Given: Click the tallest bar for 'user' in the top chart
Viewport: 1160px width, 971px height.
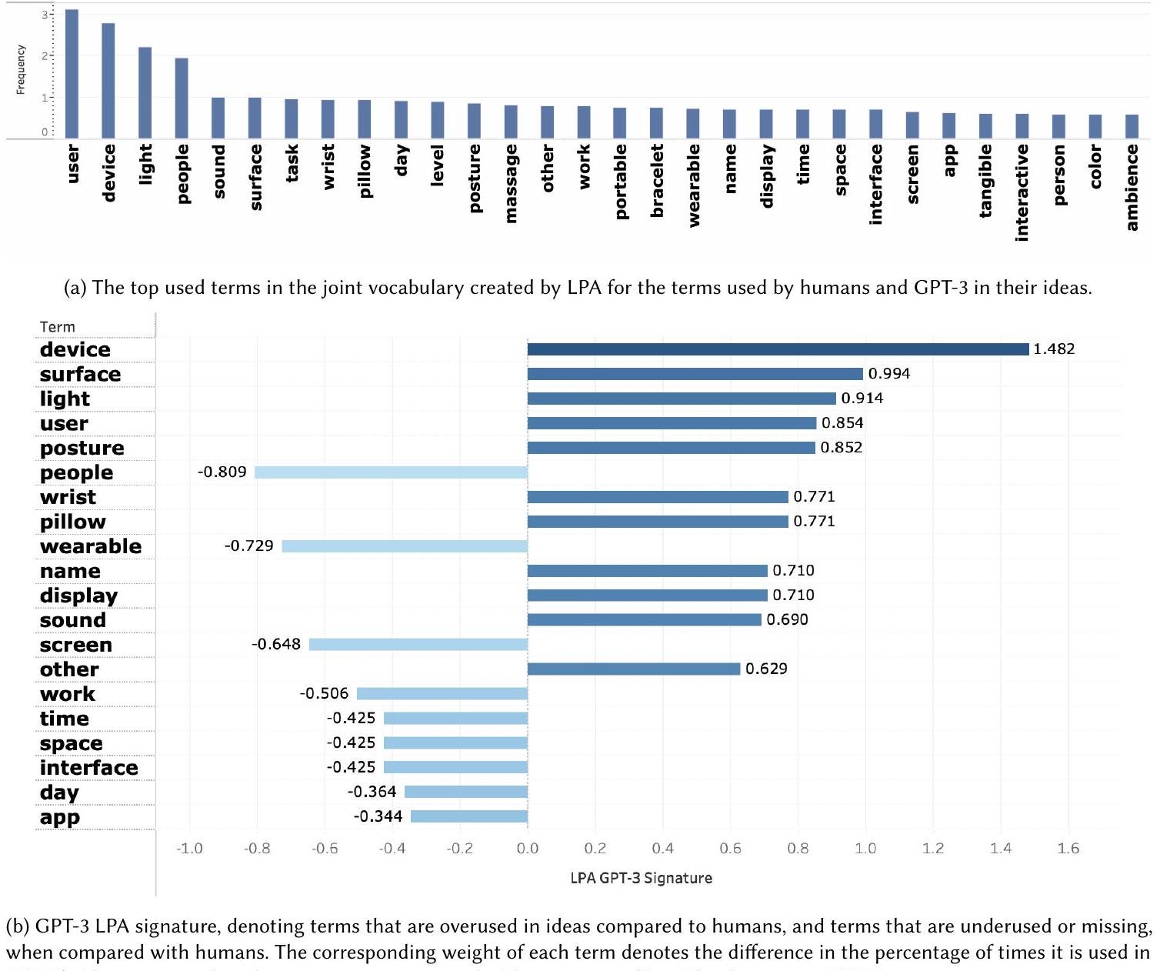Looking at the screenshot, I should [72, 74].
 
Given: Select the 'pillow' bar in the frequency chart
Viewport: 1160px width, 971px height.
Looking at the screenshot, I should [365, 118].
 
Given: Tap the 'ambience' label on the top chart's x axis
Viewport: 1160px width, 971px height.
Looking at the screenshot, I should [1132, 188].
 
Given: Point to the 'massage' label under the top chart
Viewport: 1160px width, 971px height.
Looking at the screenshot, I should [512, 183].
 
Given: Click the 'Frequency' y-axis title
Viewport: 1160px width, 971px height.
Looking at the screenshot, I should [21, 70].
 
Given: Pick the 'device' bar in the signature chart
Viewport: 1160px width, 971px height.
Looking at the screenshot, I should [778, 349].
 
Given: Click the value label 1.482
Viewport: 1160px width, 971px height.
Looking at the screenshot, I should [1053, 349].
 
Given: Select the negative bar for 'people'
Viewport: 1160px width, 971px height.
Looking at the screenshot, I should [391, 472].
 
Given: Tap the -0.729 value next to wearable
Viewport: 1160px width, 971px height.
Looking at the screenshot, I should [248, 546].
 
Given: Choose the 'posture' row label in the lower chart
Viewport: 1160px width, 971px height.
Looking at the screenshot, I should [82, 448].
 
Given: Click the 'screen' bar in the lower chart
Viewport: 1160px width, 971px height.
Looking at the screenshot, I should [418, 645].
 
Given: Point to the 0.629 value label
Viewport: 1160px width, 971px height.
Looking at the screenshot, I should [766, 669].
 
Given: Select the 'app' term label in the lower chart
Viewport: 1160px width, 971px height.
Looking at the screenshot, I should [60, 817].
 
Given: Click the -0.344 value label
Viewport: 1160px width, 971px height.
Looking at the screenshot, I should [378, 816].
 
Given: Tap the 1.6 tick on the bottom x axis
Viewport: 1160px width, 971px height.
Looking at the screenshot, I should [1068, 849].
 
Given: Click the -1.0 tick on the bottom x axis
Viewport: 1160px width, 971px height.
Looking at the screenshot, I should [188, 849].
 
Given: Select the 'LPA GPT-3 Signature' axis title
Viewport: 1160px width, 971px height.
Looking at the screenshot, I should [641, 878].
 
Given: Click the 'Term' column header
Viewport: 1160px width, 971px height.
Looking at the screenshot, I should [57, 327].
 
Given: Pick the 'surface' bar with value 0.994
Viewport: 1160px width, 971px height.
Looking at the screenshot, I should [695, 374].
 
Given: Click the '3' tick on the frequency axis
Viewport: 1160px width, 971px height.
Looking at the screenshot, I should [45, 15].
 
